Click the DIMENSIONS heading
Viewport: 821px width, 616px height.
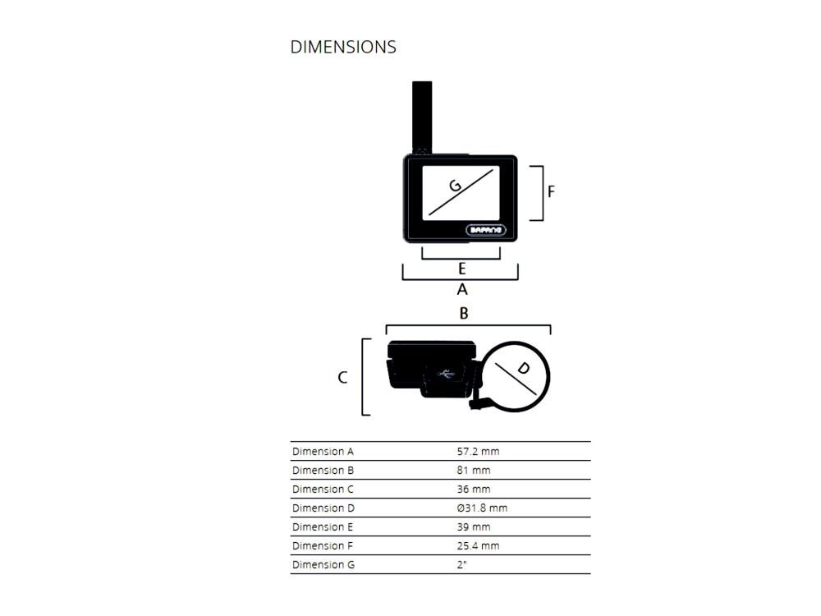click(343, 47)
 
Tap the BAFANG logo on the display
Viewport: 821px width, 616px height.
click(486, 230)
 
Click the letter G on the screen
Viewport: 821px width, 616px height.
click(455, 185)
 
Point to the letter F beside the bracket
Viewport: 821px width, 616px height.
click(551, 191)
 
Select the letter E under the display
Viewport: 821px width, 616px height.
click(461, 269)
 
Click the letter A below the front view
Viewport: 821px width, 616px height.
click(461, 289)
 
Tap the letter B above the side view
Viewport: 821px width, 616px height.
click(463, 313)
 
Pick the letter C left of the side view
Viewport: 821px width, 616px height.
click(342, 377)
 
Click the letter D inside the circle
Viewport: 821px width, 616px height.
click(523, 368)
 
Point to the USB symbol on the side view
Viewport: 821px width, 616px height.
click(446, 374)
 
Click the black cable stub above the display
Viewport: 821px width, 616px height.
click(422, 117)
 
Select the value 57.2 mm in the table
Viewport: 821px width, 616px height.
click(478, 452)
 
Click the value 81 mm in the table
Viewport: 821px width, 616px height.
click(474, 471)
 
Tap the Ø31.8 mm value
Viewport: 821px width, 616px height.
click(482, 508)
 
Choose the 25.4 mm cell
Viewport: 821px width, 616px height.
click(478, 546)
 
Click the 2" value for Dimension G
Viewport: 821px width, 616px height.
click(461, 565)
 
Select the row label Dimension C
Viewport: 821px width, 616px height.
click(323, 490)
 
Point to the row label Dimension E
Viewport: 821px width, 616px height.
click(323, 527)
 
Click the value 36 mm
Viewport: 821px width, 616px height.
click(474, 490)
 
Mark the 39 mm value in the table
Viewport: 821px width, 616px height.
click(474, 527)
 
